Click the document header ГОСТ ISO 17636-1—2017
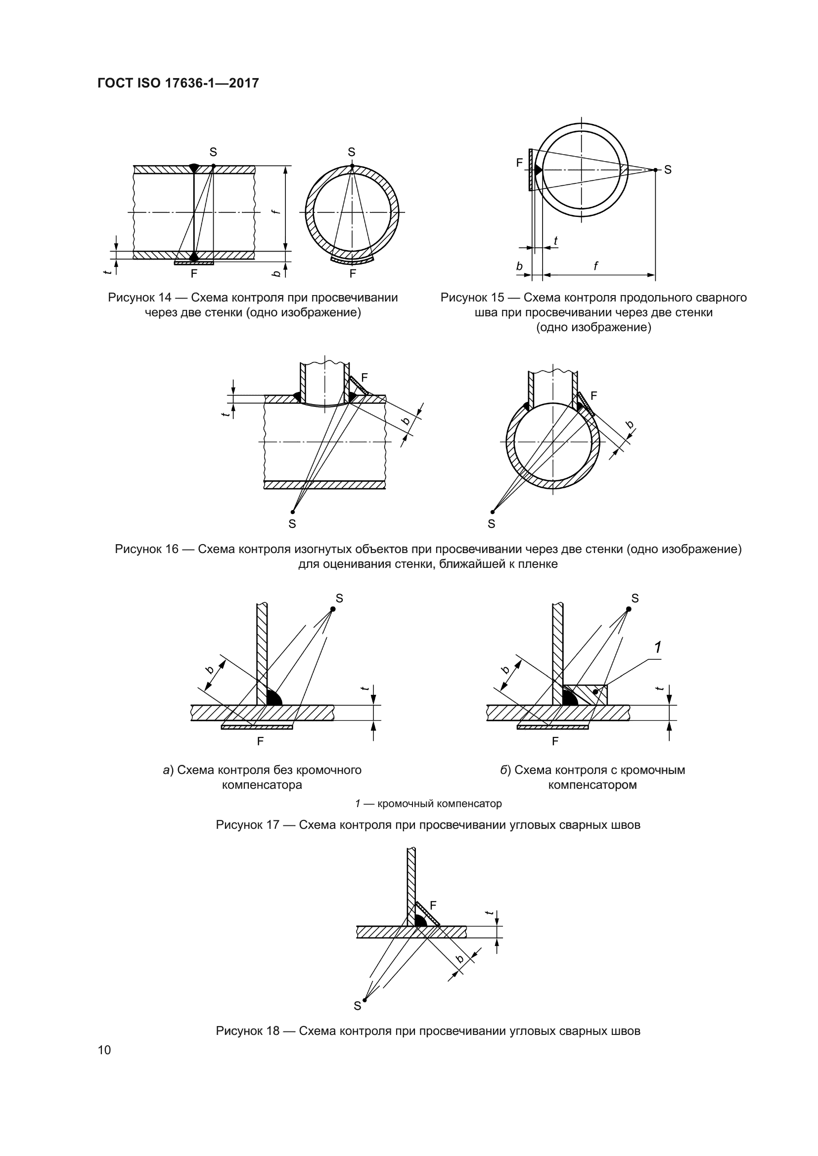178,83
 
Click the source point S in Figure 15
655,170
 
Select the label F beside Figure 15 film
519,163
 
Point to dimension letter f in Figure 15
596,266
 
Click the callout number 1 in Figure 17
658,647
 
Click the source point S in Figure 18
364,1000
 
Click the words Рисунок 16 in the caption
146,549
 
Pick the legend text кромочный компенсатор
439,804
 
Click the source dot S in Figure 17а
333,609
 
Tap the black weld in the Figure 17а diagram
273,698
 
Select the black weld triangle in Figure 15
538,170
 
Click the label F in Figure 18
433,905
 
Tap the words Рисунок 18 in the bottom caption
247,1030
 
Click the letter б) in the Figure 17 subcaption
505,771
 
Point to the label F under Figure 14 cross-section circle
353,273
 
